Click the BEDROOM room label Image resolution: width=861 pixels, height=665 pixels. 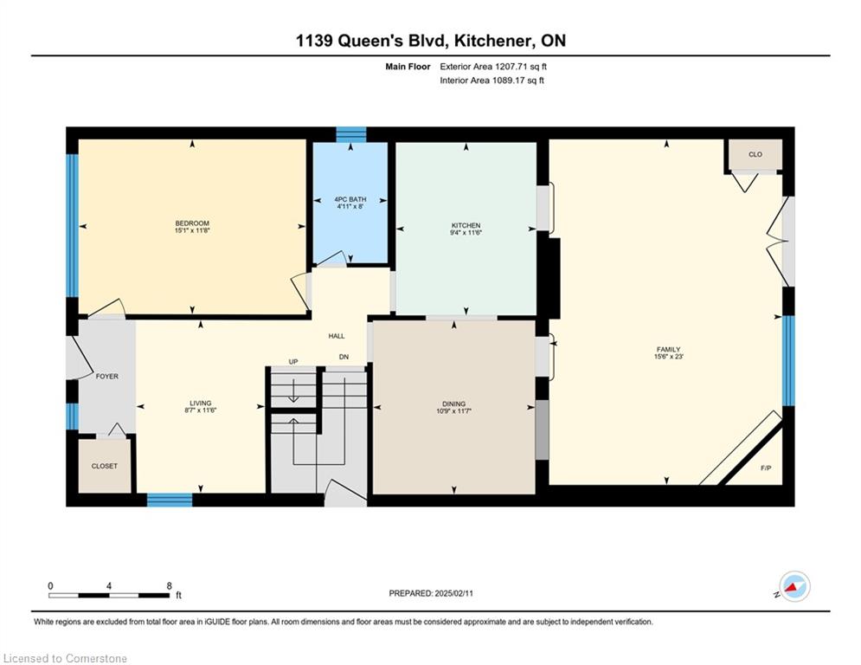[x=192, y=223]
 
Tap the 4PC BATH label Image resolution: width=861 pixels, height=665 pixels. [x=350, y=199]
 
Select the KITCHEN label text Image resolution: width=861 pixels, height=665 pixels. [x=466, y=225]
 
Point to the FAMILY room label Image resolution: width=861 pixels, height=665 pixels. [x=668, y=349]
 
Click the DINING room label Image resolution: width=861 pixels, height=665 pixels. [x=453, y=404]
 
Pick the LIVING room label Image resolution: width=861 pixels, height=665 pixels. [x=201, y=403]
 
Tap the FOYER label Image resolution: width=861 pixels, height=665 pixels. [x=107, y=377]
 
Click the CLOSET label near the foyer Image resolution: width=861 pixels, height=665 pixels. [x=105, y=466]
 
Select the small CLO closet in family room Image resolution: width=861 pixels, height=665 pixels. [x=755, y=154]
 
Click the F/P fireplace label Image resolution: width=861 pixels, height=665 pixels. [x=766, y=468]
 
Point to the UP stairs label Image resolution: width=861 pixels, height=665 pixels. [x=293, y=362]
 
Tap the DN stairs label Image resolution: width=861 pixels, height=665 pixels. [x=344, y=357]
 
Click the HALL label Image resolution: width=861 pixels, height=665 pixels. [x=337, y=336]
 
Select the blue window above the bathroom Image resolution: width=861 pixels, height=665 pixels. [x=350, y=135]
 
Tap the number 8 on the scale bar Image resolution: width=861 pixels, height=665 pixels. [x=169, y=586]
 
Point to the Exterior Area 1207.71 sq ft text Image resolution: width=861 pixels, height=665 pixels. [x=493, y=67]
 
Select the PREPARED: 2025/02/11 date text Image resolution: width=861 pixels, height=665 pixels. [x=431, y=593]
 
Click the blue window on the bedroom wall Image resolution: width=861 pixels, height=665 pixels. [x=72, y=226]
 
